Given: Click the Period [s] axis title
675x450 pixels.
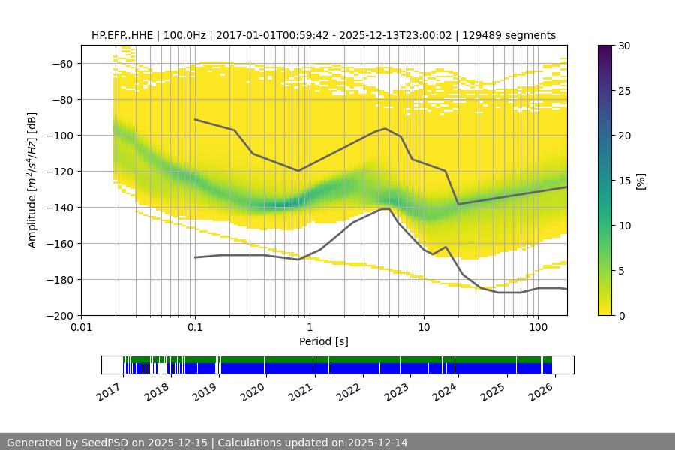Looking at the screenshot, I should click(324, 342).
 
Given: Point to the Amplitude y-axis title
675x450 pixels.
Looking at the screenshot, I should click(31, 180).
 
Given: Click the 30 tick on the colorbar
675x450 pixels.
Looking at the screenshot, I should click(624, 46).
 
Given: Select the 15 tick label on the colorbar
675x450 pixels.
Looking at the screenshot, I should click(624, 181).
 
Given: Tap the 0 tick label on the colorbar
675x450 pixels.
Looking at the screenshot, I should click(622, 316).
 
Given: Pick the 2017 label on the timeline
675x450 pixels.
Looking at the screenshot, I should click(109, 391).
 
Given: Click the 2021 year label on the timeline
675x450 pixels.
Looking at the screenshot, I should click(300, 391).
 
